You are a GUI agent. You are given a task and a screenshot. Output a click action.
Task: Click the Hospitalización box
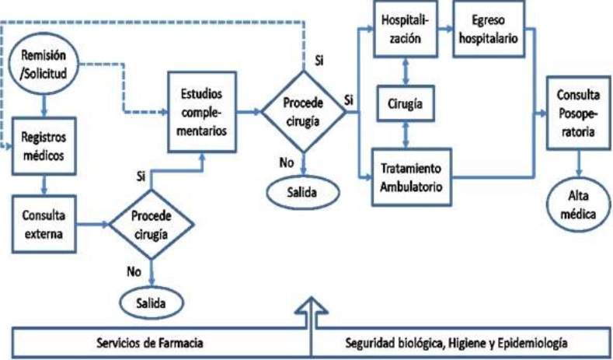[406, 30]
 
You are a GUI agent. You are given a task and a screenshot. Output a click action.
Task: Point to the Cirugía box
[406, 103]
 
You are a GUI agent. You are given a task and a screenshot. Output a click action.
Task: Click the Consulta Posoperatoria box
[578, 114]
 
